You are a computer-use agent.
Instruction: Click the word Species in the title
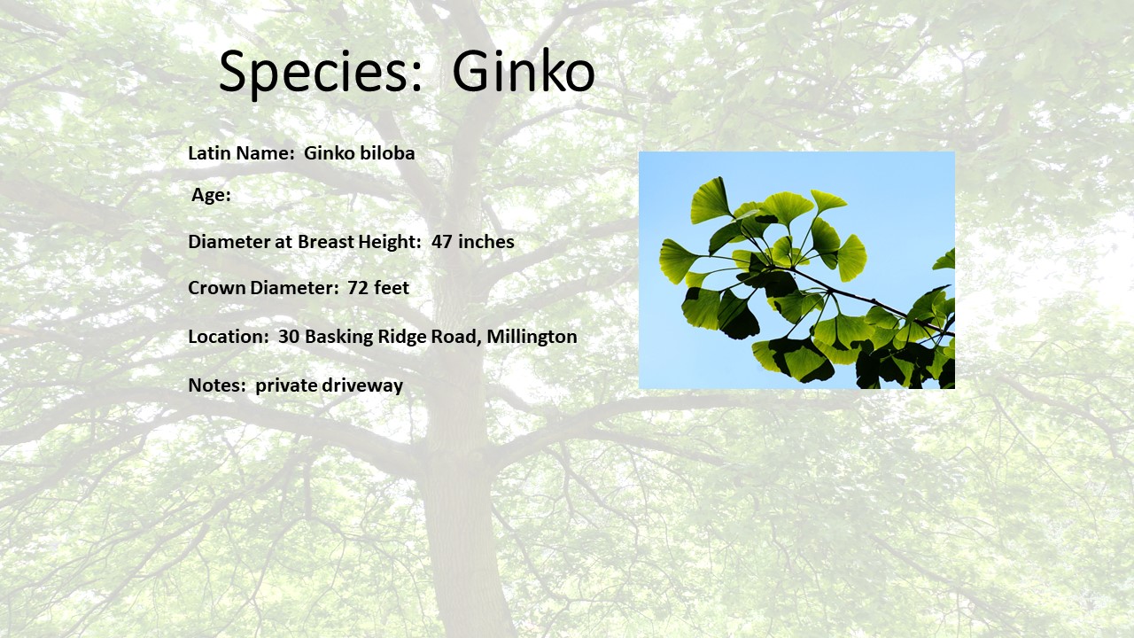(x=321, y=73)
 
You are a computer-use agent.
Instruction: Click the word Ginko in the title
(x=524, y=71)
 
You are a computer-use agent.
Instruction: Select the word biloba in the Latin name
(x=387, y=152)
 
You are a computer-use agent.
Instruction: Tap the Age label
(x=211, y=195)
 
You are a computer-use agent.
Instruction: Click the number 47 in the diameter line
(x=441, y=242)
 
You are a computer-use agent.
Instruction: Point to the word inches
(x=486, y=242)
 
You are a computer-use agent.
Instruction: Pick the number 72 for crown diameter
(x=357, y=288)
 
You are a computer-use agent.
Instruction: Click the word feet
(x=392, y=288)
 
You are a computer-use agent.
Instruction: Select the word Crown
(x=217, y=288)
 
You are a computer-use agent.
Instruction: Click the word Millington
(x=532, y=336)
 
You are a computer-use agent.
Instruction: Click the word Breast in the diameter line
(x=326, y=242)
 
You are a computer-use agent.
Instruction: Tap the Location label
(x=229, y=336)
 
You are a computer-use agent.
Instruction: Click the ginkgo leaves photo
(x=796, y=270)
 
